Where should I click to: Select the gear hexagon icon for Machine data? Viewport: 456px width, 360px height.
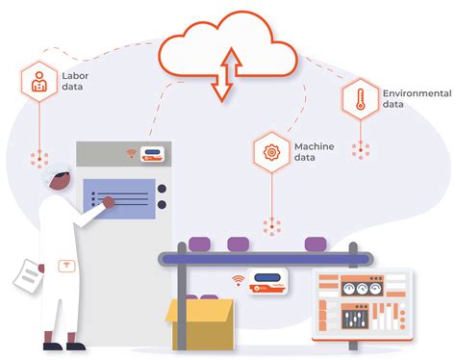[x=272, y=150]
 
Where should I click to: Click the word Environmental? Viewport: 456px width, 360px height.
[x=417, y=92]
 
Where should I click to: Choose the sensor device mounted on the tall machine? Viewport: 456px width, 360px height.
[x=153, y=153]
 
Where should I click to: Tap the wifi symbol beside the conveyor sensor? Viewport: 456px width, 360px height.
[x=237, y=281]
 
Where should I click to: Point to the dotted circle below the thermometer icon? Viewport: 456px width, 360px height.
[x=360, y=149]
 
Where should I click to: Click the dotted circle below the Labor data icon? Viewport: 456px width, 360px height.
[x=39, y=159]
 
